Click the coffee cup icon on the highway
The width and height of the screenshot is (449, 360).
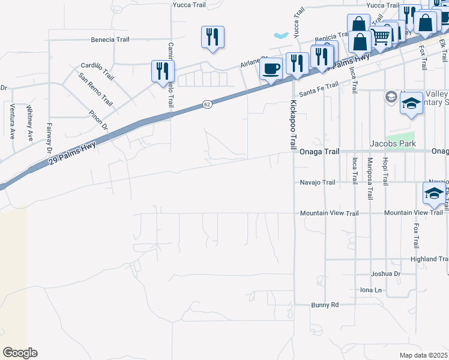(271, 69)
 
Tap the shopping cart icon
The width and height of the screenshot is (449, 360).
(381, 37)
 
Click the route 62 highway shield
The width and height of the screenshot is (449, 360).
(206, 104)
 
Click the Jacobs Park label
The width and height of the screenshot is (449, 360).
(392, 144)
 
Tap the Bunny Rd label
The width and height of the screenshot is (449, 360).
(325, 305)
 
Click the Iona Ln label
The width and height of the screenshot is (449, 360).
(370, 290)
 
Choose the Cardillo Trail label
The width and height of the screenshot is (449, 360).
(97, 70)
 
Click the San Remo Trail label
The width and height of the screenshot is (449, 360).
(95, 89)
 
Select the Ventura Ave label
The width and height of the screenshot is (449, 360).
(12, 121)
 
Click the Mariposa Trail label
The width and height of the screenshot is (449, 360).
(370, 178)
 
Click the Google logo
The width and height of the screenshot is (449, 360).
(20, 353)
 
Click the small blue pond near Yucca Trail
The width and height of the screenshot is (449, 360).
(281, 35)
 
